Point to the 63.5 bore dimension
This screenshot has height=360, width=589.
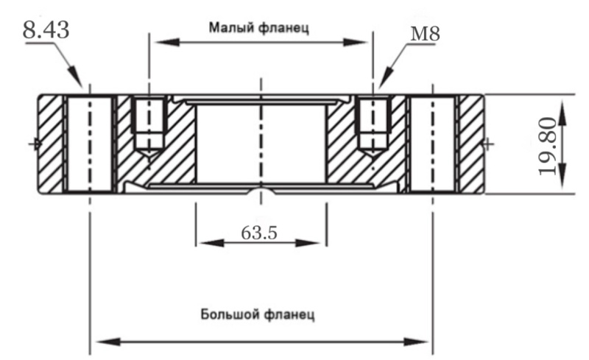tap(259, 233)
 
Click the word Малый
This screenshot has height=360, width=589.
tap(231, 28)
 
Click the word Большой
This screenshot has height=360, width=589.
tap(228, 315)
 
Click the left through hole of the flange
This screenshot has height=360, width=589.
tap(89, 144)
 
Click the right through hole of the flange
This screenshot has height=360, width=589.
tap(433, 144)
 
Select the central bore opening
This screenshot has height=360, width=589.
tap(261, 144)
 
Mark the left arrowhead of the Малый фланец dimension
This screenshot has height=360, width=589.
tap(156, 43)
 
